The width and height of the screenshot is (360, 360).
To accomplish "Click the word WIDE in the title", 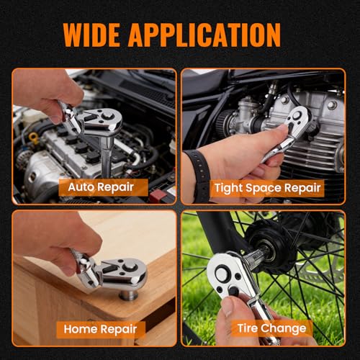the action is point(91,35).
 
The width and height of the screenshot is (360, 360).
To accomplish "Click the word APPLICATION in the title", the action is point(204,35).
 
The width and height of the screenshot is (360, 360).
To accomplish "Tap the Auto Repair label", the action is point(101,187).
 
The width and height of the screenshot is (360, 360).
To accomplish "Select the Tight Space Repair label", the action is point(268,188).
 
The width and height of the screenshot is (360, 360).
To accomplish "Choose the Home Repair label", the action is point(100,329).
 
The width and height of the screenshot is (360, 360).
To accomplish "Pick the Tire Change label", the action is point(272,328).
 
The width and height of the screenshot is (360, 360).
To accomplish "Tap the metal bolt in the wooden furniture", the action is point(129,294).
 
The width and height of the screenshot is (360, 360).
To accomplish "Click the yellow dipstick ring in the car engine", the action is point(33,138).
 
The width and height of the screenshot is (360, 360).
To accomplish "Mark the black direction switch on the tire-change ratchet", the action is point(233,291).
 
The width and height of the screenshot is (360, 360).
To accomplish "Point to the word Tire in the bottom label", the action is point(248,328).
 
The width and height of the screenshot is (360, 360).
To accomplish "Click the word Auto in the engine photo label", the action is point(80,186).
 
